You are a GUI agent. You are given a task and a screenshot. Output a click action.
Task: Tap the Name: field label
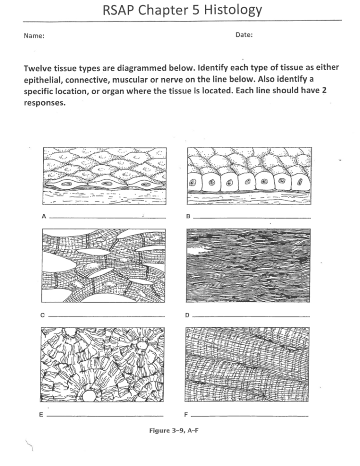34,36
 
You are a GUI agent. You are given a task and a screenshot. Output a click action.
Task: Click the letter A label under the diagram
43,217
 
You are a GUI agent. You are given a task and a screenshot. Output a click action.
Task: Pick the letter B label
188,217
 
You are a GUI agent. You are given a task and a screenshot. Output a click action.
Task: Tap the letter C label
43,316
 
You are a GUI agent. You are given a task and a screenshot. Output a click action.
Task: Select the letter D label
188,316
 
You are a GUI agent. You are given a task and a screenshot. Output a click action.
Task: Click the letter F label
187,415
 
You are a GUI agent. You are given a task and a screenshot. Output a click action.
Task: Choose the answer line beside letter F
249,416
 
